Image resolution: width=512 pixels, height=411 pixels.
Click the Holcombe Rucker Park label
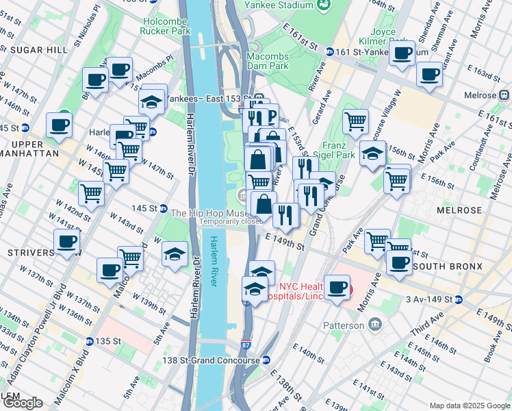pos(164,25)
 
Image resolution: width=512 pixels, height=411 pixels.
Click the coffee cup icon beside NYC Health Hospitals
pos(336,288)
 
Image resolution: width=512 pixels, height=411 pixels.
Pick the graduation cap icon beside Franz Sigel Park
pos(372,154)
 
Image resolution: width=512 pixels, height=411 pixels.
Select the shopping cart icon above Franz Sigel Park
pos(355,121)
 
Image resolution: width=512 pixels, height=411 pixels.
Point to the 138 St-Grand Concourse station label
pos(211,360)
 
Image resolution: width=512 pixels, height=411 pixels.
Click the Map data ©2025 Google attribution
pos(469,406)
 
